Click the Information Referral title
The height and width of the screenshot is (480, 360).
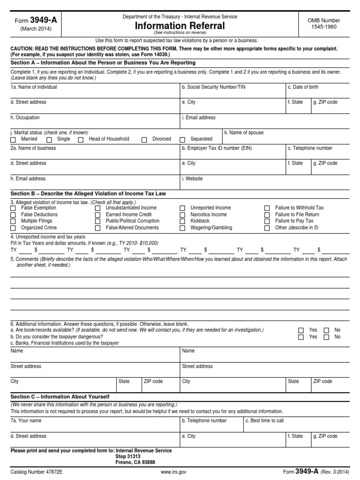(180, 26)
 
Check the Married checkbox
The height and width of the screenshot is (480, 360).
(13, 140)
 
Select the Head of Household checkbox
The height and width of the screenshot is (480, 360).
(81, 140)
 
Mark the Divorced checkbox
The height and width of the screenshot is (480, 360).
(144, 140)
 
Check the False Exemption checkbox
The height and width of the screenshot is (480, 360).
(13, 208)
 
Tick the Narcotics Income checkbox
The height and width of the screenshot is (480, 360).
(182, 215)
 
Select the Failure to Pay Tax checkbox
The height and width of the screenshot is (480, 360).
(267, 221)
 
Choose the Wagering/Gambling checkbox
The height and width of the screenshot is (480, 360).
(182, 228)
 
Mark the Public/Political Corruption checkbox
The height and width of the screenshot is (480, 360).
(97, 221)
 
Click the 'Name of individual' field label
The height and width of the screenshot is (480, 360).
(34, 87)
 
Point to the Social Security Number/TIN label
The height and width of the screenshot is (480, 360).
(213, 87)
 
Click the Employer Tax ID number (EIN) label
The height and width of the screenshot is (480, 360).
(217, 148)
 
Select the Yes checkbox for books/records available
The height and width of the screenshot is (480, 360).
(300, 330)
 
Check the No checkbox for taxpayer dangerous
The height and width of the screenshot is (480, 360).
(326, 337)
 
